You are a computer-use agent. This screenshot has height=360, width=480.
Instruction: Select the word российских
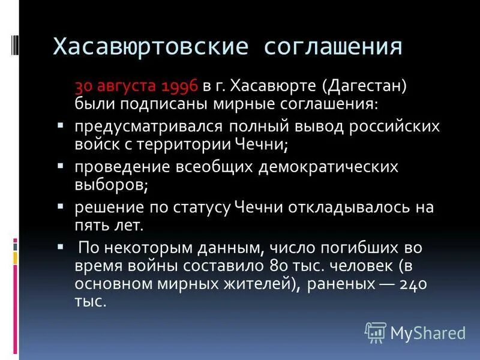397,127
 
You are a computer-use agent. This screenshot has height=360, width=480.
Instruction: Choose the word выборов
112,184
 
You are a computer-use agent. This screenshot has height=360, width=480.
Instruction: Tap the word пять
91,225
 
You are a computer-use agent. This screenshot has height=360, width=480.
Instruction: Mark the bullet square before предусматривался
61,127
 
